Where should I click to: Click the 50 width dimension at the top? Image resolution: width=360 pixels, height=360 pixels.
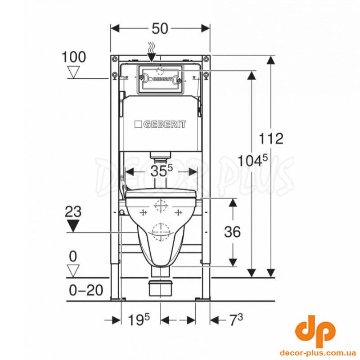(x=160, y=29)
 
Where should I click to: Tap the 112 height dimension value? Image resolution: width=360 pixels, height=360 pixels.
(x=271, y=139)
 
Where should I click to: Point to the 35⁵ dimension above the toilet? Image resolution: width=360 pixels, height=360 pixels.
(x=162, y=171)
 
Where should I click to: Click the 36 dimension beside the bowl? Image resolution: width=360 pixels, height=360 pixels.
(x=232, y=232)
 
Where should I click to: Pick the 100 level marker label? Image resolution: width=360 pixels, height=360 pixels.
(x=74, y=57)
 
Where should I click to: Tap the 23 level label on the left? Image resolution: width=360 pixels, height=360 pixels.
(x=73, y=211)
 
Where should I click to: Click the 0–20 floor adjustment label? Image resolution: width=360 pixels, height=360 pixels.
(x=86, y=290)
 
